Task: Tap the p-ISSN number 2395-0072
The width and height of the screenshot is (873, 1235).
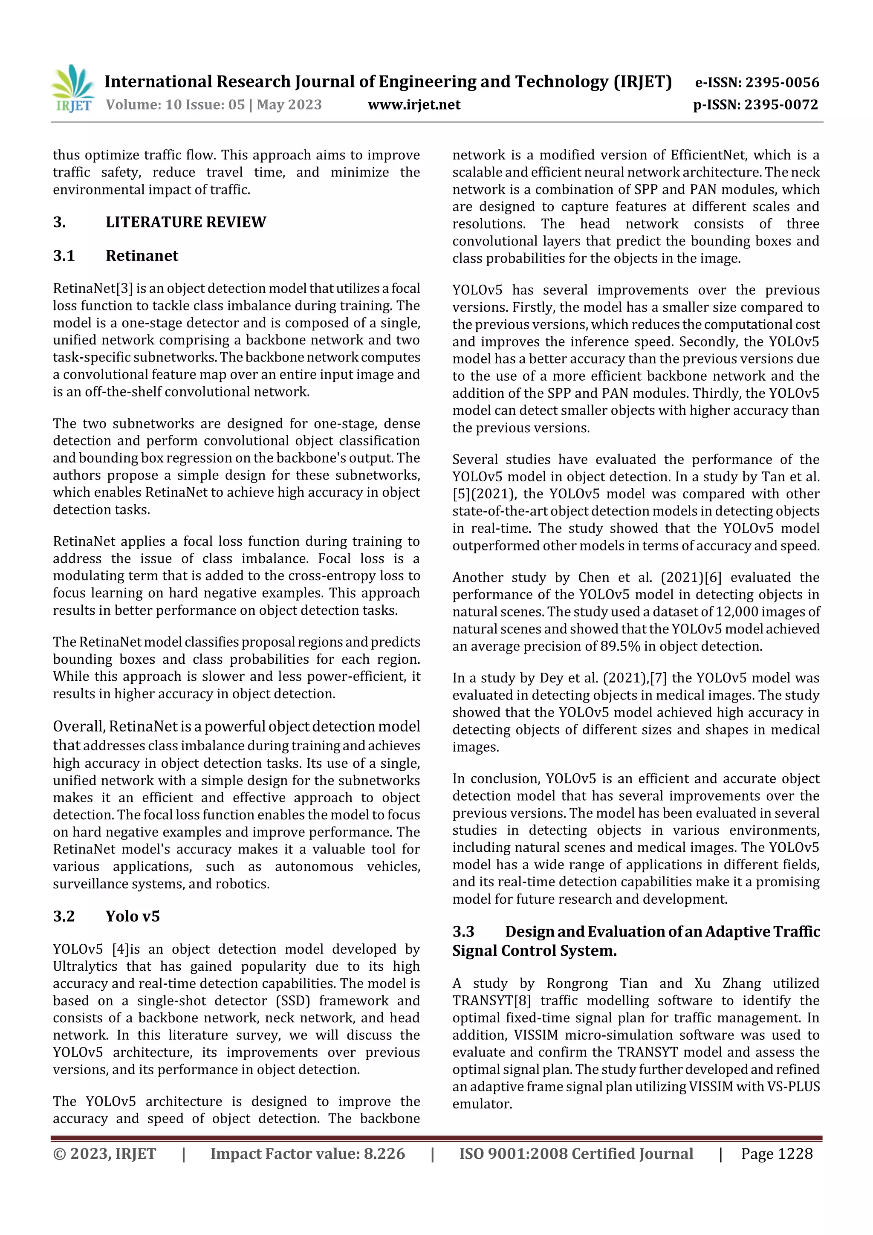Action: click(x=781, y=105)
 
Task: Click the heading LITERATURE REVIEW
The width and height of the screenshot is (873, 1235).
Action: click(x=185, y=222)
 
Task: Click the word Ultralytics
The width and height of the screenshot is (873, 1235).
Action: click(x=85, y=966)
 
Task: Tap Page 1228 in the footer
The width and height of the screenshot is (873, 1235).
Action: click(x=776, y=1154)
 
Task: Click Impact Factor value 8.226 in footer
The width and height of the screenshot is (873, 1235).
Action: click(x=307, y=1154)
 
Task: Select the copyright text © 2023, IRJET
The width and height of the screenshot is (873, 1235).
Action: click(x=104, y=1154)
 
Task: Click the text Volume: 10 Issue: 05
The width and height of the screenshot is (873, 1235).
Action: click(x=175, y=105)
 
